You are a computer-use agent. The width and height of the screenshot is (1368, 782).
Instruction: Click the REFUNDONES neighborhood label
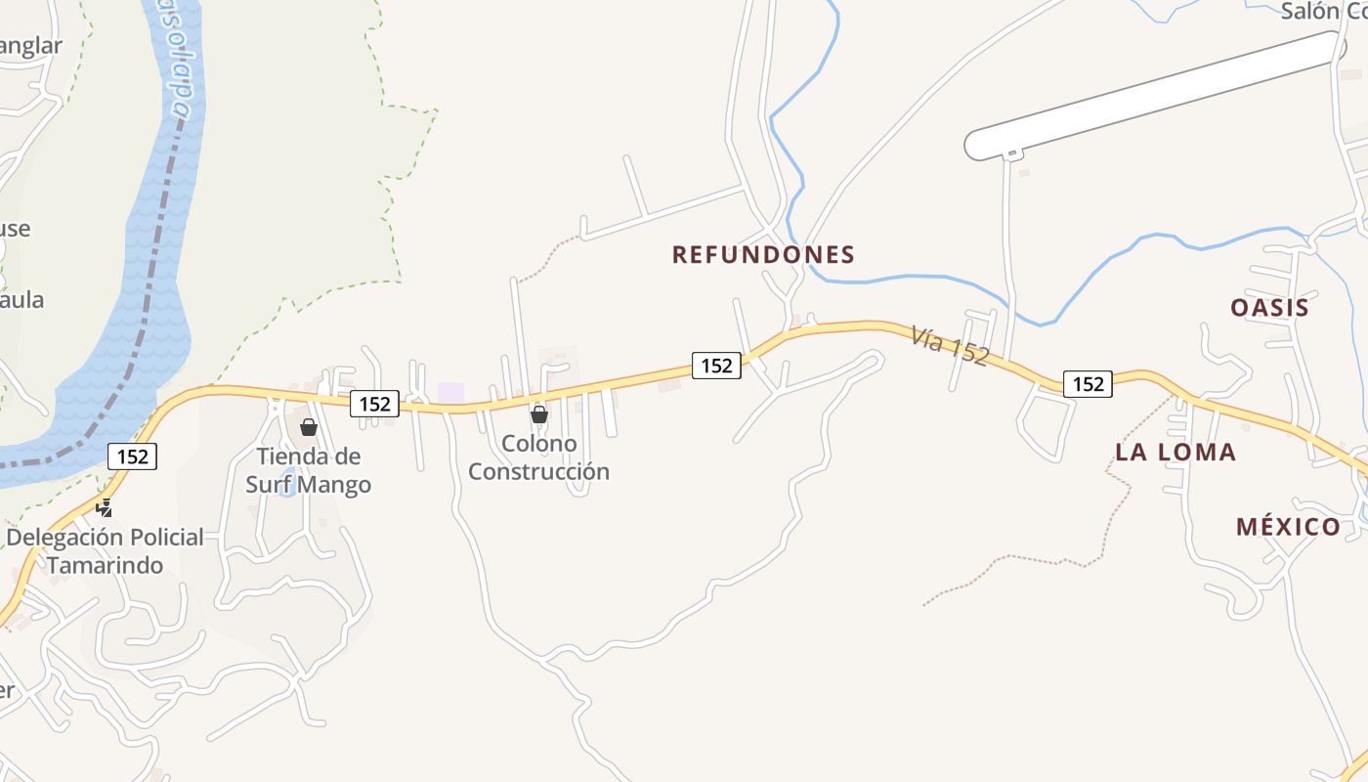click(763, 255)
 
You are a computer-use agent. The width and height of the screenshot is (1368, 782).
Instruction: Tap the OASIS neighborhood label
click(1269, 308)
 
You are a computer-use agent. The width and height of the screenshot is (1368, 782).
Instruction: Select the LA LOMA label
click(1176, 453)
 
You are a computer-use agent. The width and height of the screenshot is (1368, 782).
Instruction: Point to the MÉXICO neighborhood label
click(1288, 527)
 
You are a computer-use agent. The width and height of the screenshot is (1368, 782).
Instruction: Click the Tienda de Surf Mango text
click(308, 470)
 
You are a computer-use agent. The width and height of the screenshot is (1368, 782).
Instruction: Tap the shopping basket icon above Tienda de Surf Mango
click(309, 427)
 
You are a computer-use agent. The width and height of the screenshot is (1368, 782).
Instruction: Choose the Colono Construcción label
click(538, 457)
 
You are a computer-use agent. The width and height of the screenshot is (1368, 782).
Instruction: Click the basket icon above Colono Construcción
click(538, 414)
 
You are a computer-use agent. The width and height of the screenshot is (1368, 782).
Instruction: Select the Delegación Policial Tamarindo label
click(106, 550)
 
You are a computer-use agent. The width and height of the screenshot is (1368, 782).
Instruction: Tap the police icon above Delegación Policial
click(104, 507)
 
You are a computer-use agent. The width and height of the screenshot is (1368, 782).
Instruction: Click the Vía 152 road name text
click(950, 345)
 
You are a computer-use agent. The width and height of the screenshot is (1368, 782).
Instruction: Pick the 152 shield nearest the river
click(132, 456)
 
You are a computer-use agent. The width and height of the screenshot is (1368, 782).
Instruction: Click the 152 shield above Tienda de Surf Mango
click(374, 403)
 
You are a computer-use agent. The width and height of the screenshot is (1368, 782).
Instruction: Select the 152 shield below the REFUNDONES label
click(716, 366)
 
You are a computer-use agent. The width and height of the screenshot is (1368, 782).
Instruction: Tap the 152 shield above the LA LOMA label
click(1088, 384)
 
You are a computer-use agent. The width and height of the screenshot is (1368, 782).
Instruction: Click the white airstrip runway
click(1153, 96)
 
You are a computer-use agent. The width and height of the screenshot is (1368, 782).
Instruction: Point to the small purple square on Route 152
click(450, 392)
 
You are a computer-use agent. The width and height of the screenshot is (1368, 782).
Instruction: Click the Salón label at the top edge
click(1323, 12)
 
